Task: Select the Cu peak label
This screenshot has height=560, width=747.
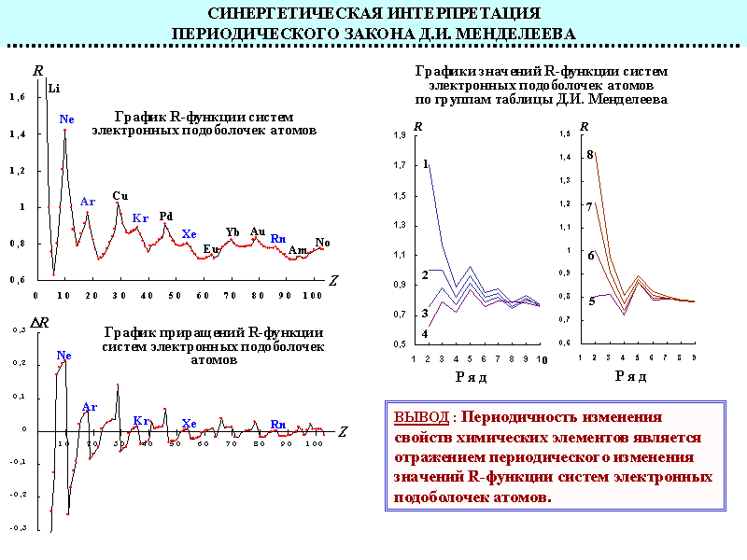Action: click(120, 196)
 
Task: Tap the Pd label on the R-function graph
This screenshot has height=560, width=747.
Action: click(166, 217)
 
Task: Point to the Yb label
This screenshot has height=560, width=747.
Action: click(233, 232)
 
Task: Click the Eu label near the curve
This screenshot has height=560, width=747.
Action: click(211, 249)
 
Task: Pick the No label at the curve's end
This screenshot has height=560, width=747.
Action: click(322, 243)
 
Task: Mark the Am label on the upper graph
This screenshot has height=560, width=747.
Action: click(298, 250)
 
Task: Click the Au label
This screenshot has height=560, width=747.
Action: click(258, 231)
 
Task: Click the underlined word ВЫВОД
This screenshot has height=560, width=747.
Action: click(421, 417)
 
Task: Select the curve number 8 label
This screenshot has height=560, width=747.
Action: click(590, 154)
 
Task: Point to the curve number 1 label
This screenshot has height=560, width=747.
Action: click(426, 163)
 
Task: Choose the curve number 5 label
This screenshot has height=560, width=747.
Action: click(591, 301)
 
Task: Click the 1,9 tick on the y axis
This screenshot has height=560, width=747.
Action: click(401, 136)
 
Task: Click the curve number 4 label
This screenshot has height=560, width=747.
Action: click(425, 333)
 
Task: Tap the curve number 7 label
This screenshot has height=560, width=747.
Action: click(590, 205)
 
